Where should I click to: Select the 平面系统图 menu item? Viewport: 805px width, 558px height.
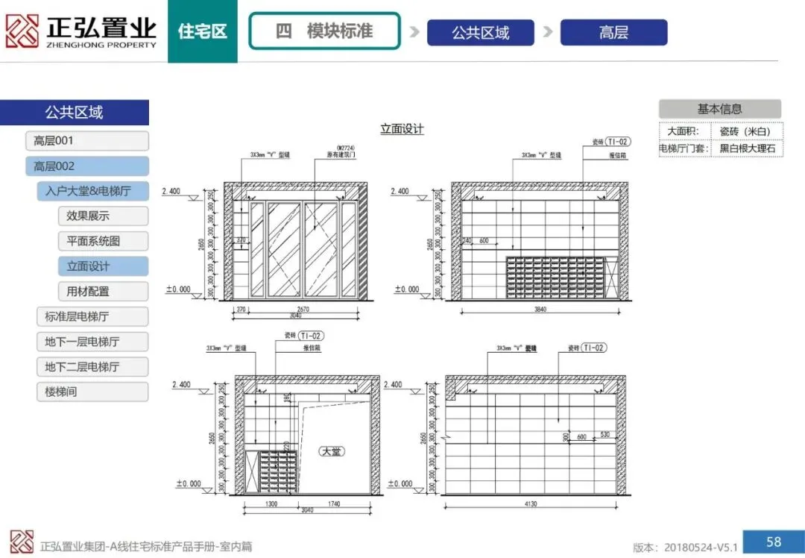click(102, 241)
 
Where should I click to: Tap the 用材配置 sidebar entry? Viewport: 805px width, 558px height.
click(102, 292)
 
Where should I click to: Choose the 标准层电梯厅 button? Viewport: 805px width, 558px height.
click(92, 316)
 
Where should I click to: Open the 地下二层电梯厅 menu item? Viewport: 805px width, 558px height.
click(92, 367)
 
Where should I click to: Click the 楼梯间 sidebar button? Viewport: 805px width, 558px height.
click(92, 392)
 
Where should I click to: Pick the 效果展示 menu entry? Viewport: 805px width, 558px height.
click(102, 216)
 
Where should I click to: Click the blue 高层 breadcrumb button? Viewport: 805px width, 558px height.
click(613, 33)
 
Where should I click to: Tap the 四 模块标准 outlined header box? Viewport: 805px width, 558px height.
click(323, 31)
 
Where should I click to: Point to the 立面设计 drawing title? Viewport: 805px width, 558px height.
click(402, 129)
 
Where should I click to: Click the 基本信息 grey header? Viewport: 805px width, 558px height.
click(719, 109)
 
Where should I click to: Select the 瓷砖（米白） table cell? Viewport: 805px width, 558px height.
click(745, 131)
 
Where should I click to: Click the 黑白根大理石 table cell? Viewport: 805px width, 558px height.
click(747, 149)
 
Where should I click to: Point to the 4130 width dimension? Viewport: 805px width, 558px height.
click(531, 504)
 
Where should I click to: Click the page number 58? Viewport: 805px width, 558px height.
click(773, 541)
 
